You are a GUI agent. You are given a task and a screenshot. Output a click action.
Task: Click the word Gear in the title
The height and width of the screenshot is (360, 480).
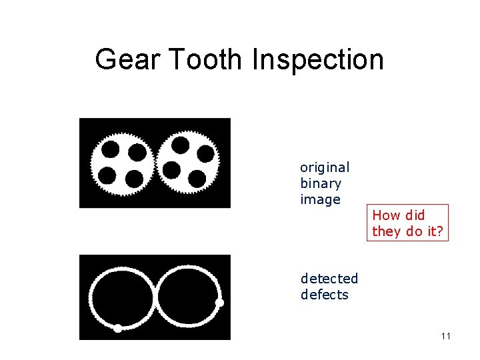point(127,59)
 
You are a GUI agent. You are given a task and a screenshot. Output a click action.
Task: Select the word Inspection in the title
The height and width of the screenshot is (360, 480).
point(318,59)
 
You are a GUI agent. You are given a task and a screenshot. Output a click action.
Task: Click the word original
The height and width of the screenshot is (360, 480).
point(325,167)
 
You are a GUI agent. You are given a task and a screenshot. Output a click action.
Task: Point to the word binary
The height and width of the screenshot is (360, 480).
point(321,183)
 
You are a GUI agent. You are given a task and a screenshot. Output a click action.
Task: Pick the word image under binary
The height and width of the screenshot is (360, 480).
point(320,199)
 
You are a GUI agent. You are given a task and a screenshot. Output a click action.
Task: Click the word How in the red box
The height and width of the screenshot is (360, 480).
point(385,215)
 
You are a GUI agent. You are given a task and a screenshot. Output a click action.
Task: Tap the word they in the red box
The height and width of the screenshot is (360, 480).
point(385,231)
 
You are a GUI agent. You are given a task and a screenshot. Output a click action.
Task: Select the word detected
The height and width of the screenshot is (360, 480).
point(329,278)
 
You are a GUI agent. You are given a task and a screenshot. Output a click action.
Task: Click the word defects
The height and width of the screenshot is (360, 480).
point(325,294)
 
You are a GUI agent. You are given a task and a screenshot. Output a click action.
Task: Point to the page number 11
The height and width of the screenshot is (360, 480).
point(446,336)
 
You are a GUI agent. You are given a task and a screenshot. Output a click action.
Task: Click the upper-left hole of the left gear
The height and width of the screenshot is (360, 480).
point(111,148)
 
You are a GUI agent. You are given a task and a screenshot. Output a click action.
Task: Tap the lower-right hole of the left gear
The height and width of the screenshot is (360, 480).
point(134,179)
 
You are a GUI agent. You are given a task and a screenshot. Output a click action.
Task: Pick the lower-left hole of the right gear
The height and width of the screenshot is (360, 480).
point(172,170)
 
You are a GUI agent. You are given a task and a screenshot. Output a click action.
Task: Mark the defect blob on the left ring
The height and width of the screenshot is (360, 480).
point(118,328)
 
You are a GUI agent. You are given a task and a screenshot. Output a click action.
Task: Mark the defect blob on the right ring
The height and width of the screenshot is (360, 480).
point(219,303)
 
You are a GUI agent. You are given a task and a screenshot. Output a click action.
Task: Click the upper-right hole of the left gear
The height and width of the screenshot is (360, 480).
point(137,153)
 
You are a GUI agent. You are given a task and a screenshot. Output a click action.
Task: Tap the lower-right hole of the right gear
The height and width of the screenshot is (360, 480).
point(197,179)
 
